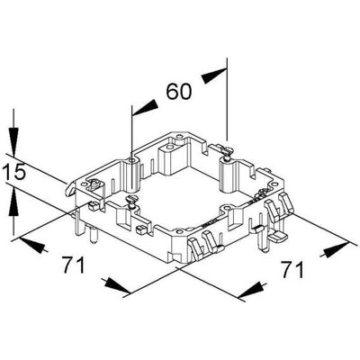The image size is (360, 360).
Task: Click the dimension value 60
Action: coord(179,92)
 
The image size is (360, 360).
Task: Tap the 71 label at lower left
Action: coord(74,265)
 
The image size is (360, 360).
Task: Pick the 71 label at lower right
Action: coord(292,269)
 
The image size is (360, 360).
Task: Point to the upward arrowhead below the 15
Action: coord(13,202)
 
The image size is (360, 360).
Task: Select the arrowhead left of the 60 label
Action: coord(145,107)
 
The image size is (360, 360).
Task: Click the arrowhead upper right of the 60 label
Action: coord(214,76)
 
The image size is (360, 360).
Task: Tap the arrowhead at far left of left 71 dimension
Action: coord(31,245)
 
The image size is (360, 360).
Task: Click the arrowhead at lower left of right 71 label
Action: coord(250,292)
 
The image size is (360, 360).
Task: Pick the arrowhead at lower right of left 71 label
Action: coord(118,286)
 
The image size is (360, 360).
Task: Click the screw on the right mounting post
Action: coord(227,153)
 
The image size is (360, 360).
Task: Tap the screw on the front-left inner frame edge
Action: coord(130,201)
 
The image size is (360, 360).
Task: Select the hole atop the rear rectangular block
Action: coord(169,148)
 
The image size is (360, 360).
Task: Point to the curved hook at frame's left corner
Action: coord(70,189)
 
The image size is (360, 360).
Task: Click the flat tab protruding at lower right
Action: coord(278,238)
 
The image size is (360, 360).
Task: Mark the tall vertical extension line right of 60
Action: coord(227,99)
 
